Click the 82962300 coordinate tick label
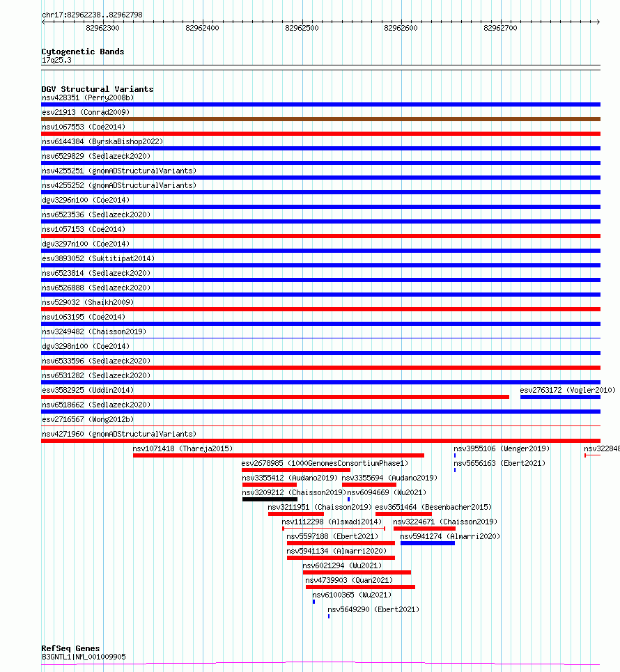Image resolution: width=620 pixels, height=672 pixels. (102, 28)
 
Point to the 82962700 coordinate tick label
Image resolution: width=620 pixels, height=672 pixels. (500, 28)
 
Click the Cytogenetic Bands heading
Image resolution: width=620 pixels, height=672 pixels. (82, 52)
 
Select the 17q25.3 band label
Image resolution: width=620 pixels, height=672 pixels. (56, 60)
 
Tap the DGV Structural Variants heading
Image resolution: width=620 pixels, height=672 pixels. (97, 89)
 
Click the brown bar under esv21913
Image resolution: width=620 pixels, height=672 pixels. (320, 119)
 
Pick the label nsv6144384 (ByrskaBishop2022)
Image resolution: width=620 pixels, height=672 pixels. (102, 141)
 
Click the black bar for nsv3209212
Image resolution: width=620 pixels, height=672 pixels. (270, 499)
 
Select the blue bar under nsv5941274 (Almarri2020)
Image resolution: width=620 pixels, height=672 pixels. (427, 543)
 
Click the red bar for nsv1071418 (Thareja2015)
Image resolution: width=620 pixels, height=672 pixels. (278, 455)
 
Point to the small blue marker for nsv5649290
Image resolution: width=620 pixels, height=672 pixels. (329, 616)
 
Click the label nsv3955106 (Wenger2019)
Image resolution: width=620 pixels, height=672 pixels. (501, 449)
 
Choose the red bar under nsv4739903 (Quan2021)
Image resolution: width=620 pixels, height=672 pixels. (360, 587)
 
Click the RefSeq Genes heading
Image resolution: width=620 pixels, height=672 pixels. (70, 648)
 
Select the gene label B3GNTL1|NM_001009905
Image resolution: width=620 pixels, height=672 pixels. (84, 657)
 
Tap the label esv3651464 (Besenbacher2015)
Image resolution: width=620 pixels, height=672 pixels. (433, 507)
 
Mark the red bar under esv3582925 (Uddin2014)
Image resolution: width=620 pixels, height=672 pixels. (275, 397)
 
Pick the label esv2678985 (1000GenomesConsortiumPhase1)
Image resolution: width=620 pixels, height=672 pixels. (325, 463)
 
